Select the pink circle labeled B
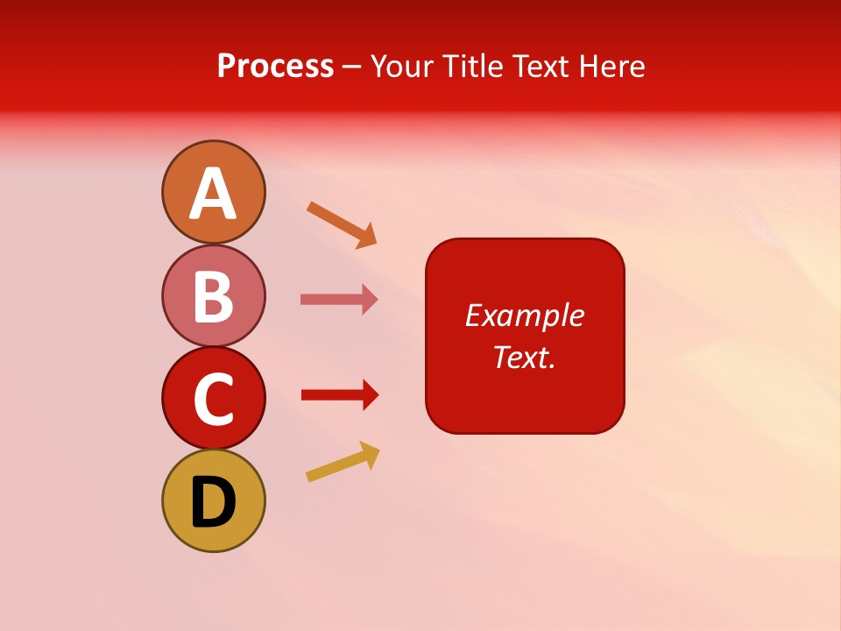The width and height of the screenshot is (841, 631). [213, 295]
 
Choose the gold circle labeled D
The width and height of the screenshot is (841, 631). [213, 500]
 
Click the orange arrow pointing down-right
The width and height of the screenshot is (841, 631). [341, 223]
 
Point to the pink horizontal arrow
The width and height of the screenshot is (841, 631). [338, 300]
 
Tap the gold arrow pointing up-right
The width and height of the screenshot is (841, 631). [342, 462]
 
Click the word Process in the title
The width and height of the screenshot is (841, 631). [275, 66]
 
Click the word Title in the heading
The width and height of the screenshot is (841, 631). [466, 66]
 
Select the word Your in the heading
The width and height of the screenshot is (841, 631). [402, 66]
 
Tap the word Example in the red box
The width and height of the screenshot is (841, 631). [524, 315]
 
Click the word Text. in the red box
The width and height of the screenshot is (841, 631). [524, 357]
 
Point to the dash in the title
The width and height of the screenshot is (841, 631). [352, 67]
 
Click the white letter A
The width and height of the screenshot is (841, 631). [213, 194]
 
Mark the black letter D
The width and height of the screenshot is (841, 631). [213, 504]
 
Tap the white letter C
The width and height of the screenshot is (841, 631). [213, 400]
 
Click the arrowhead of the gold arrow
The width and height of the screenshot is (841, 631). [371, 455]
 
